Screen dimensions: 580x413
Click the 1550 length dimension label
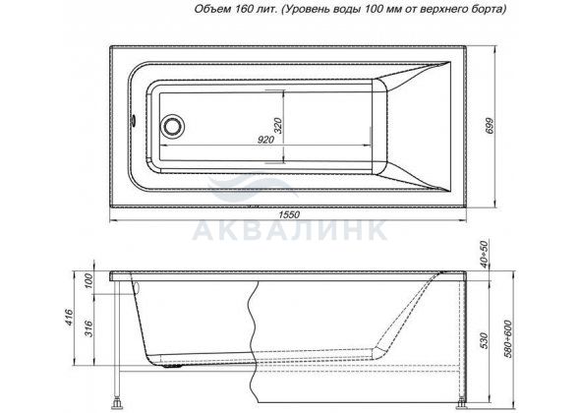coord(289,214)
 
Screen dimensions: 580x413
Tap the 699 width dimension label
coord(489,126)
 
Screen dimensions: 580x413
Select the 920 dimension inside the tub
coord(265,140)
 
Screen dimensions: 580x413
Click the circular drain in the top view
coord(172,126)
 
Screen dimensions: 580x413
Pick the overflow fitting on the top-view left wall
coord(132,120)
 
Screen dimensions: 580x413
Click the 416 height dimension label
coord(70,318)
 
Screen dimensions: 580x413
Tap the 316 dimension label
coord(89,328)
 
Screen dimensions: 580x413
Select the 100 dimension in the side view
coord(89,283)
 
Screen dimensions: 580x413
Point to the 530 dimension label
coord(485,341)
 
